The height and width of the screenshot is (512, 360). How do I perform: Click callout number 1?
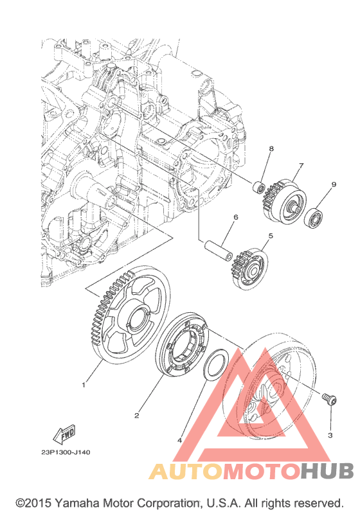tap(84, 385)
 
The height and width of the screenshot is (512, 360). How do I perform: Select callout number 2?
tap(136, 416)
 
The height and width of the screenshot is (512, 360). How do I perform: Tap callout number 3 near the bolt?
tap(330, 436)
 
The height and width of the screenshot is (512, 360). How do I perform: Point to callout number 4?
tap(179, 441)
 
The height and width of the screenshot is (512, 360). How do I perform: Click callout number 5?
tap(271, 235)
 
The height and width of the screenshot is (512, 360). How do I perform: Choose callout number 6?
tap(236, 217)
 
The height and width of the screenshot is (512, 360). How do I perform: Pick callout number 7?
tap(301, 166)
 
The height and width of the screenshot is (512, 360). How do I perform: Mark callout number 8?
tap(271, 148)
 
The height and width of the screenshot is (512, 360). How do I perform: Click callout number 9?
tap(334, 184)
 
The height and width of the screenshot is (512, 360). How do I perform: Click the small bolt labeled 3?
tap(329, 400)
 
